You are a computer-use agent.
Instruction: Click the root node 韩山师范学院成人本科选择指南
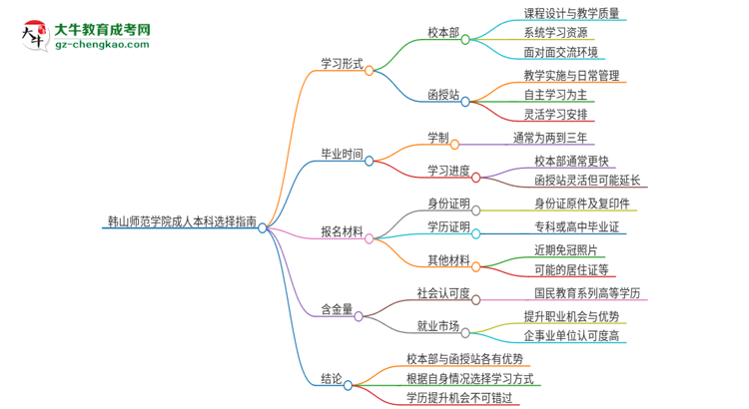point(179,220)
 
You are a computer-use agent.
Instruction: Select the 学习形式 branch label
point(343,63)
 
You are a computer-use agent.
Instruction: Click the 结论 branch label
point(332,378)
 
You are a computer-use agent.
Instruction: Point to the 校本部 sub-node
point(443,33)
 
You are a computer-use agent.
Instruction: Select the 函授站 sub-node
point(443,95)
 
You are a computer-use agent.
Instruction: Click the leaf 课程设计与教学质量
point(571,13)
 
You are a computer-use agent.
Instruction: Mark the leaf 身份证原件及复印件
point(581,204)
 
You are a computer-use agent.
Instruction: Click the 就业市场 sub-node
point(438,325)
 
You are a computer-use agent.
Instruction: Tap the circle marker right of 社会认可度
point(475,298)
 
